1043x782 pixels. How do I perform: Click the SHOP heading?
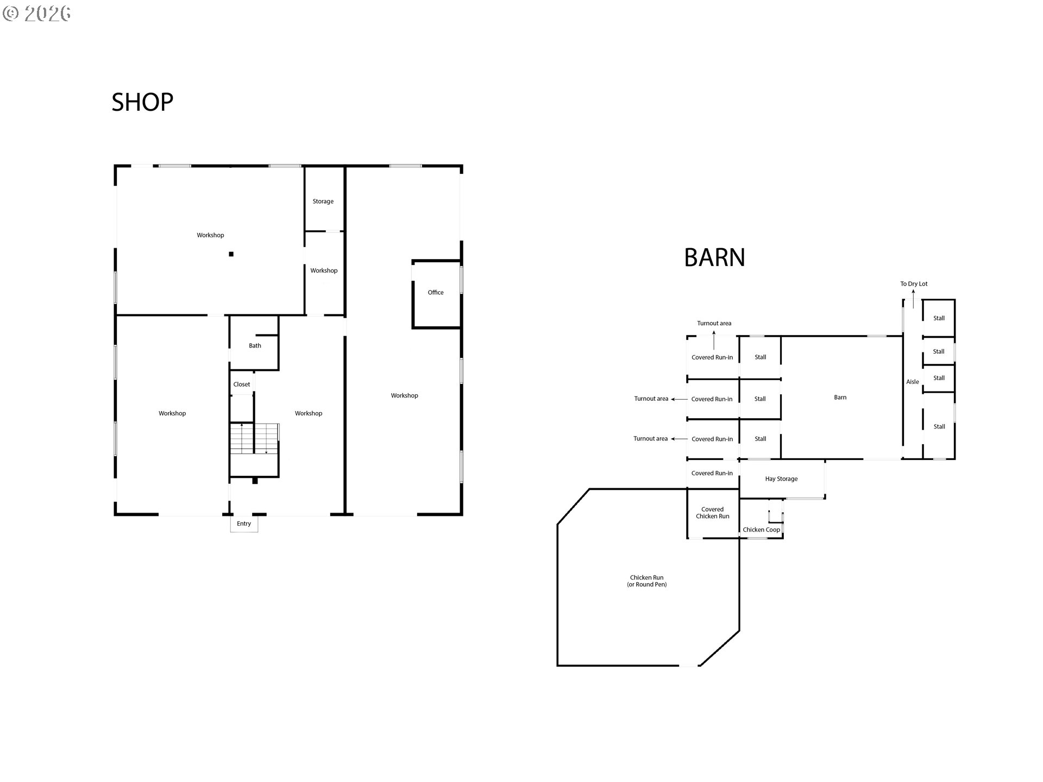click(142, 102)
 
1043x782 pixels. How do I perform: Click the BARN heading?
click(714, 257)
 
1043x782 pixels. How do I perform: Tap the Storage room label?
click(323, 201)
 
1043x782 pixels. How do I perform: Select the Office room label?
click(436, 293)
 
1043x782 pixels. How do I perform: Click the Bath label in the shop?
click(255, 346)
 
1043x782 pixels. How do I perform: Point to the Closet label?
click(242, 384)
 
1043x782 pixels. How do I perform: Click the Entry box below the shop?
click(244, 524)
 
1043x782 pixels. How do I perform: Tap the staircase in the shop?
click(254, 439)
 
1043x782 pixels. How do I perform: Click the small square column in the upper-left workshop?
click(231, 254)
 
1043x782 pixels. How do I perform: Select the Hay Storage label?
click(781, 479)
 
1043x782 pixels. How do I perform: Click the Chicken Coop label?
click(761, 530)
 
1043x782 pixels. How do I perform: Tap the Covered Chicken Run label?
click(713, 513)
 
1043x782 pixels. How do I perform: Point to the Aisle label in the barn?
click(913, 382)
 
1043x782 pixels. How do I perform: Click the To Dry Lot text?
click(914, 284)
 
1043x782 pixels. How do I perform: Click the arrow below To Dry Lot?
click(913, 299)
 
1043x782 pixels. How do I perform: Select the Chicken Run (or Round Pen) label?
click(647, 581)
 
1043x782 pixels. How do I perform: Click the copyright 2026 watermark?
click(37, 14)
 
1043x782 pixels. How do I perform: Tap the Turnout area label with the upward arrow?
click(714, 324)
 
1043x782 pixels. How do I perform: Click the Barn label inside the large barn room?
click(840, 398)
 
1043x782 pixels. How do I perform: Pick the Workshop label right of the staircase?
click(309, 414)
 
